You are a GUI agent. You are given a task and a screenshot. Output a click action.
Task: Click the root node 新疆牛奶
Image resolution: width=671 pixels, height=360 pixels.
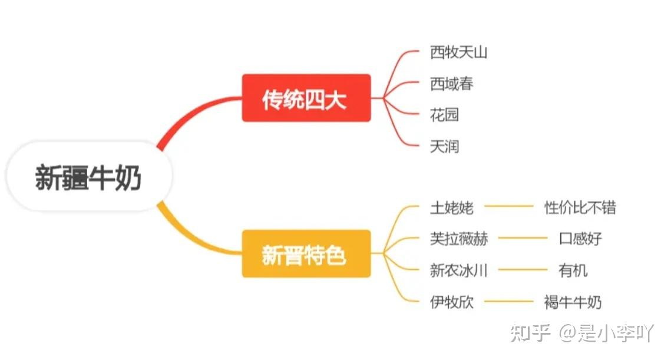pos(88,177)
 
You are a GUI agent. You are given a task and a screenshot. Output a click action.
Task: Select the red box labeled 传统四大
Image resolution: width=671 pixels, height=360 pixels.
pos(306,98)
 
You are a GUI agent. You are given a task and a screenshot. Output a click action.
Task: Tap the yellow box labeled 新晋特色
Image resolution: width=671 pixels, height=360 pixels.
pos(306,254)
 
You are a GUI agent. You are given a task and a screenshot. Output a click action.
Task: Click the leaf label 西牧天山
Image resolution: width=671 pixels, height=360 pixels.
pos(458,52)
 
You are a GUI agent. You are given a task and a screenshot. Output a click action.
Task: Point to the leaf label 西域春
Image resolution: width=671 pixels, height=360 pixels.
pos(451,84)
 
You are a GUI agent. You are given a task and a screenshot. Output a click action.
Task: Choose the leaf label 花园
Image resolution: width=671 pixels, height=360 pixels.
pos(444,115)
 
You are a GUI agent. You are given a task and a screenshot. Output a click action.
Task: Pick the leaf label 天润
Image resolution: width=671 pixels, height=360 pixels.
pos(444,146)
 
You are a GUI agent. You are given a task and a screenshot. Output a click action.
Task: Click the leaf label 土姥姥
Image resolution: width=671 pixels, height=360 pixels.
pos(451,207)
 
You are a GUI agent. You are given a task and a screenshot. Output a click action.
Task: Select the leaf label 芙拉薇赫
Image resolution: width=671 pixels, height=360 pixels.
pos(459,239)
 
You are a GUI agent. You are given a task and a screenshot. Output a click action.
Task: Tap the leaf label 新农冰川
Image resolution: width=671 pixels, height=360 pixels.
pos(459,270)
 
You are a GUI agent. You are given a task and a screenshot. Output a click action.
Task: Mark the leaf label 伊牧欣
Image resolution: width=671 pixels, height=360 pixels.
pos(451,302)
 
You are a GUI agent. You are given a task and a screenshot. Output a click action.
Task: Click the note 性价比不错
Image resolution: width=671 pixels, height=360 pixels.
pos(580,207)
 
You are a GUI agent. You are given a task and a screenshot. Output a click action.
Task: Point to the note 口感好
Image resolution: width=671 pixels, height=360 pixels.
pos(580,239)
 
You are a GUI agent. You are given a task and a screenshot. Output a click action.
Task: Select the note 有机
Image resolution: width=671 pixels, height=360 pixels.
pos(573,270)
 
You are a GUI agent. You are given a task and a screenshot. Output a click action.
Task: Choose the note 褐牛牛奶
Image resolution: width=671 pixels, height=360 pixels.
pos(573,302)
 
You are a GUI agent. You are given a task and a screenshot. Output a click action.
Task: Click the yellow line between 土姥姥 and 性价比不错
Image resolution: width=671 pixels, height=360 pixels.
pos(508,207)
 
